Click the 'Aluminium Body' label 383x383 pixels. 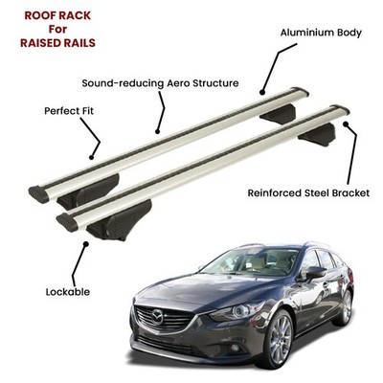point(321,33)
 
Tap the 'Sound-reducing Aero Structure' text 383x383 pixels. point(160,83)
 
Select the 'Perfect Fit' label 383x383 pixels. point(69,111)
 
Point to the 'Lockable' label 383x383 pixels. point(68,292)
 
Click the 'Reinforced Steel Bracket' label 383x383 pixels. point(308,193)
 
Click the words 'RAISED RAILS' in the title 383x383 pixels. point(57,43)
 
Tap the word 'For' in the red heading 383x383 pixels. point(57,29)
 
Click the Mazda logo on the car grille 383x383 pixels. point(157,317)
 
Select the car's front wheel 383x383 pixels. point(278,338)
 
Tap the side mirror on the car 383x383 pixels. point(315,272)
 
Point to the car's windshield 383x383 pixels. point(252,261)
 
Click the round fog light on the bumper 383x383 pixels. point(236,348)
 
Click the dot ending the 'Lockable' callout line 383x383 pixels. point(85,244)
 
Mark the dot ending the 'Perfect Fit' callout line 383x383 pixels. point(92,157)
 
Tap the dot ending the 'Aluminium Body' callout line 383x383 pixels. point(262,93)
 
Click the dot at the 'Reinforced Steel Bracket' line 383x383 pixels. point(346,124)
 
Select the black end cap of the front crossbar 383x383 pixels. point(67,222)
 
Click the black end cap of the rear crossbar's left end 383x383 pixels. point(39,194)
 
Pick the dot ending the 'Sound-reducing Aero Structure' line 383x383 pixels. point(157,131)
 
